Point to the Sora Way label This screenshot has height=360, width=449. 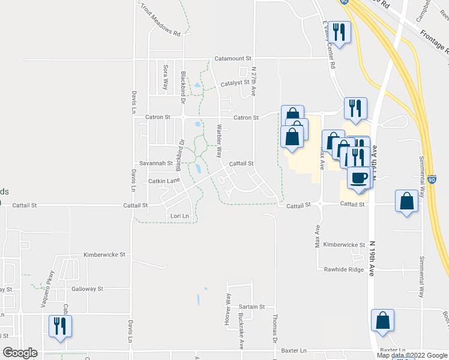tap(165, 76)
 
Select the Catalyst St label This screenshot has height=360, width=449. tap(235, 84)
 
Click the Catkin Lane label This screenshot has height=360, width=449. tap(164, 180)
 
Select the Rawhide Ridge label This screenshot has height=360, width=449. tap(343, 269)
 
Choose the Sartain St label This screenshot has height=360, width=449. tap(252, 307)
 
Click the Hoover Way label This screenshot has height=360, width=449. tap(228, 310)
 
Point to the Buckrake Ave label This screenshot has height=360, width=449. tap(241, 331)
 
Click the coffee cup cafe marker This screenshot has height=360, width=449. tap(359, 178)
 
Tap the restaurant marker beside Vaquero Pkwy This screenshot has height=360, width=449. tap(61, 327)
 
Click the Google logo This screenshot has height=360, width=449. tap(20, 353)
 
